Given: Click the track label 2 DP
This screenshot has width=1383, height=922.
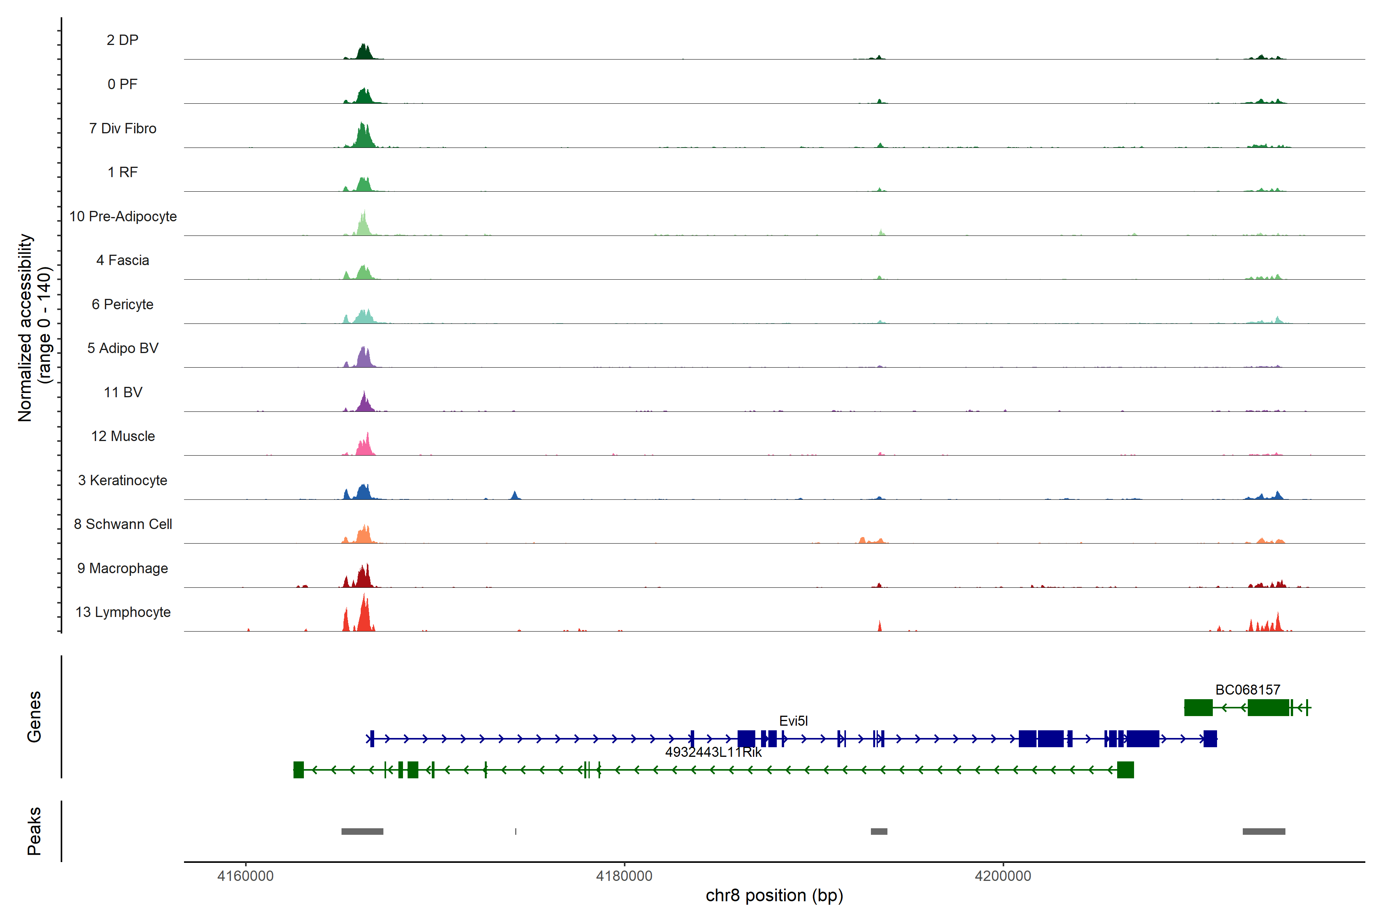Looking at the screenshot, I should point(122,40).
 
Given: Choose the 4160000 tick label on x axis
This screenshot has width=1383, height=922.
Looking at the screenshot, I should point(245,876).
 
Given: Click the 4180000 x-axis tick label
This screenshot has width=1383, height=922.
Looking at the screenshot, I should point(624,876).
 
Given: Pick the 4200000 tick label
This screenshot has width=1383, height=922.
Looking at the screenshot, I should point(1003,876).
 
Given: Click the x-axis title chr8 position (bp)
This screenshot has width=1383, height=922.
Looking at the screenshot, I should point(774,895).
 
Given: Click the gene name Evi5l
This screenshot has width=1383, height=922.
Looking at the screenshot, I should point(793,721).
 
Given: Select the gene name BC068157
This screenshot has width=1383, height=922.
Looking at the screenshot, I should point(1247,690).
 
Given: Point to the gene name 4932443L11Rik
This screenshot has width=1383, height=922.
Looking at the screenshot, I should point(713,752).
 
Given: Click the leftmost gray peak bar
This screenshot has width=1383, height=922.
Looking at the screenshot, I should point(362,831).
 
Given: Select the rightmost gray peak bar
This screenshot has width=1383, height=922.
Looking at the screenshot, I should point(1264,831).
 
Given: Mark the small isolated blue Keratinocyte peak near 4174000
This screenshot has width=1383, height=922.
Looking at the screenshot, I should point(515,496).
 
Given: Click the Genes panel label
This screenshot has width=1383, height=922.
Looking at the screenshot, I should point(34,717).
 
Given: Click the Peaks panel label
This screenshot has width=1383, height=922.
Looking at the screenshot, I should point(34,831).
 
